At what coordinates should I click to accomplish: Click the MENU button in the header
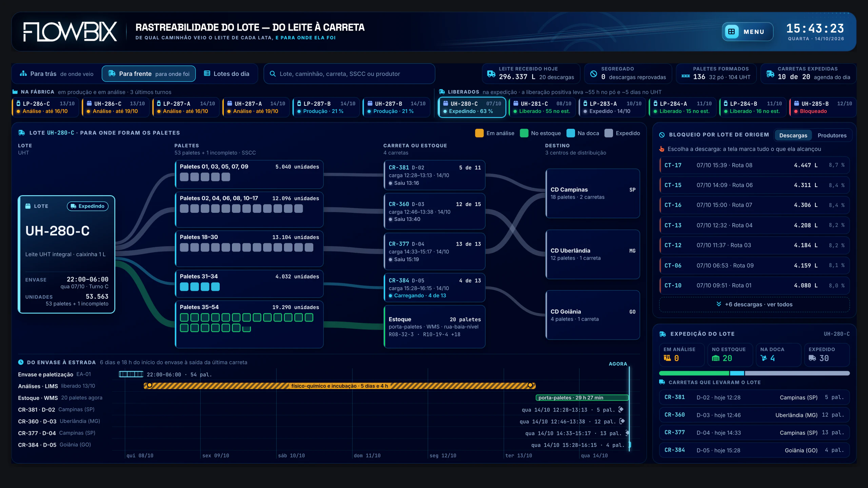tap(747, 32)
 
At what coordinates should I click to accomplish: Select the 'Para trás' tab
tap(57, 74)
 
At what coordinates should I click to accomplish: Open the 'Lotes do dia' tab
tap(226, 74)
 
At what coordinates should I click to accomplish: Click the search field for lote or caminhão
tap(349, 74)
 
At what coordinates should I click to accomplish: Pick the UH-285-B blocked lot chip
tap(822, 107)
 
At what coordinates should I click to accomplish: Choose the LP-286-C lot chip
tap(45, 107)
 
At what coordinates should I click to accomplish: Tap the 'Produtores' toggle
tap(832, 135)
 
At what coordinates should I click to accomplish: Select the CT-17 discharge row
tap(754, 165)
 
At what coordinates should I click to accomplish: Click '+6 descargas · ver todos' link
tap(754, 304)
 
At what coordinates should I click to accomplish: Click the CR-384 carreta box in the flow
tap(434, 288)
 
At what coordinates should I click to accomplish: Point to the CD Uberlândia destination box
tap(593, 254)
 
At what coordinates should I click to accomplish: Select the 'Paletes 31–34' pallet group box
tap(249, 284)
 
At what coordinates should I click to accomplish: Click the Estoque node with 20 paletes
tap(434, 326)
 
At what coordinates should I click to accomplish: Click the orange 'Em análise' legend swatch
tap(479, 133)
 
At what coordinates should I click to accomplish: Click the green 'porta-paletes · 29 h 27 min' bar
tap(582, 398)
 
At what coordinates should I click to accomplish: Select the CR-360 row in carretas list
tap(754, 415)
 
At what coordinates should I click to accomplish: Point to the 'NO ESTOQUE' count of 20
tap(727, 358)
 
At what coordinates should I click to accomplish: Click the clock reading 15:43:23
tap(815, 28)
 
